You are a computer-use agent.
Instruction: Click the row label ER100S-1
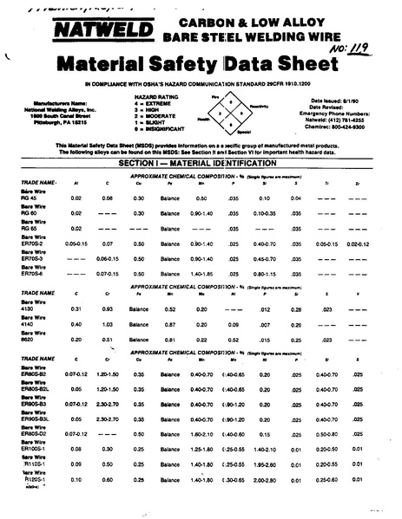point(45,449)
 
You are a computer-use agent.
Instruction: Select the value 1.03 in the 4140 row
point(107,324)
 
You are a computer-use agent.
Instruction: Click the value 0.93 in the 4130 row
point(107,308)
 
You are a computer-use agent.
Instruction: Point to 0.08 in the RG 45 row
point(107,198)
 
